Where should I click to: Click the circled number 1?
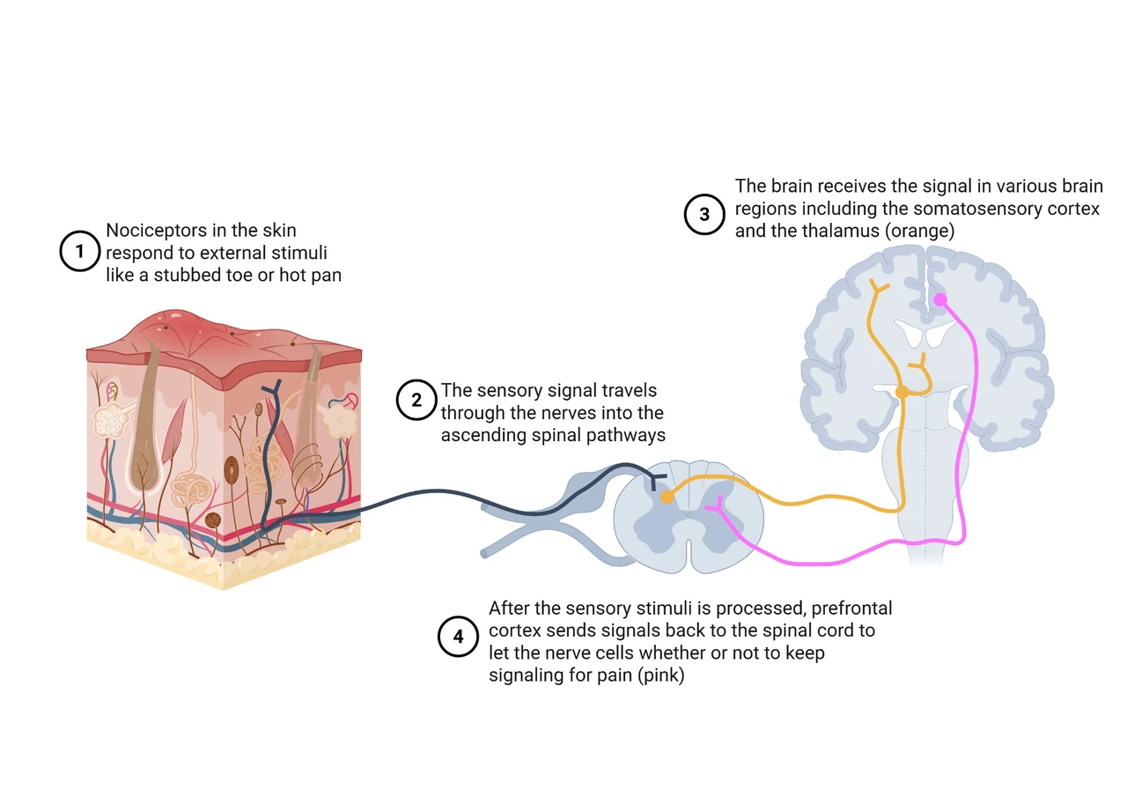79,251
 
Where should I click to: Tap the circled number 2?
416,400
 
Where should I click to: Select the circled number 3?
704,214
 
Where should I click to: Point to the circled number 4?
458,637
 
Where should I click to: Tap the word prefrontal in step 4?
851,608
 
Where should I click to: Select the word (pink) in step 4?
660,675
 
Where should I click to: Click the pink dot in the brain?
939,300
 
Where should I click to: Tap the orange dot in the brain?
902,392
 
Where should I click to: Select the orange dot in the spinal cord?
667,498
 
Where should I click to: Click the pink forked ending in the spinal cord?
716,505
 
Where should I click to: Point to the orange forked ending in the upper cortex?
879,287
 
